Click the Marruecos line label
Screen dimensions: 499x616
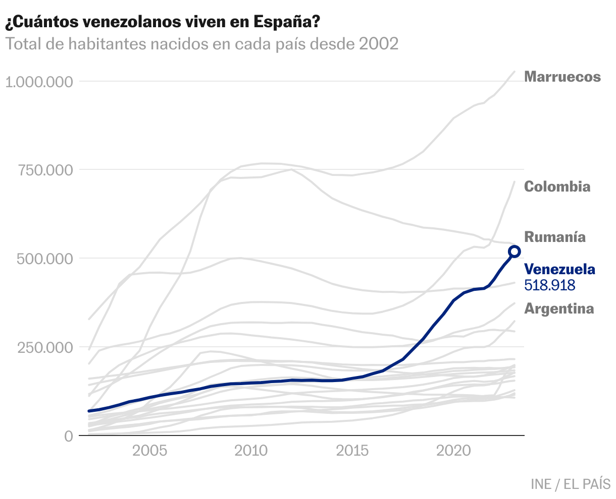[562, 77]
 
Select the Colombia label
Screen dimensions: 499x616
[557, 186]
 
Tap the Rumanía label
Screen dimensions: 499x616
[555, 237]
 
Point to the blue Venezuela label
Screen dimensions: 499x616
[559, 270]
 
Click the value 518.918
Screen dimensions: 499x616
[550, 285]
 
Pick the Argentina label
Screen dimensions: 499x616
[559, 308]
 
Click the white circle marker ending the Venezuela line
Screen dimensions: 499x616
[515, 252]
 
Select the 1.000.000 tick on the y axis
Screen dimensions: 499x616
[39, 81]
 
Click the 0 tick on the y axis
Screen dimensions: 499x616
[68, 436]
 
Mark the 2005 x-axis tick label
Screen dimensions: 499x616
[149, 450]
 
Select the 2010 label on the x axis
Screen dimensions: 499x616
[251, 450]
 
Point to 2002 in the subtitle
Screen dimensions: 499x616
[379, 44]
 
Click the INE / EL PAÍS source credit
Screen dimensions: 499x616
[571, 484]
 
